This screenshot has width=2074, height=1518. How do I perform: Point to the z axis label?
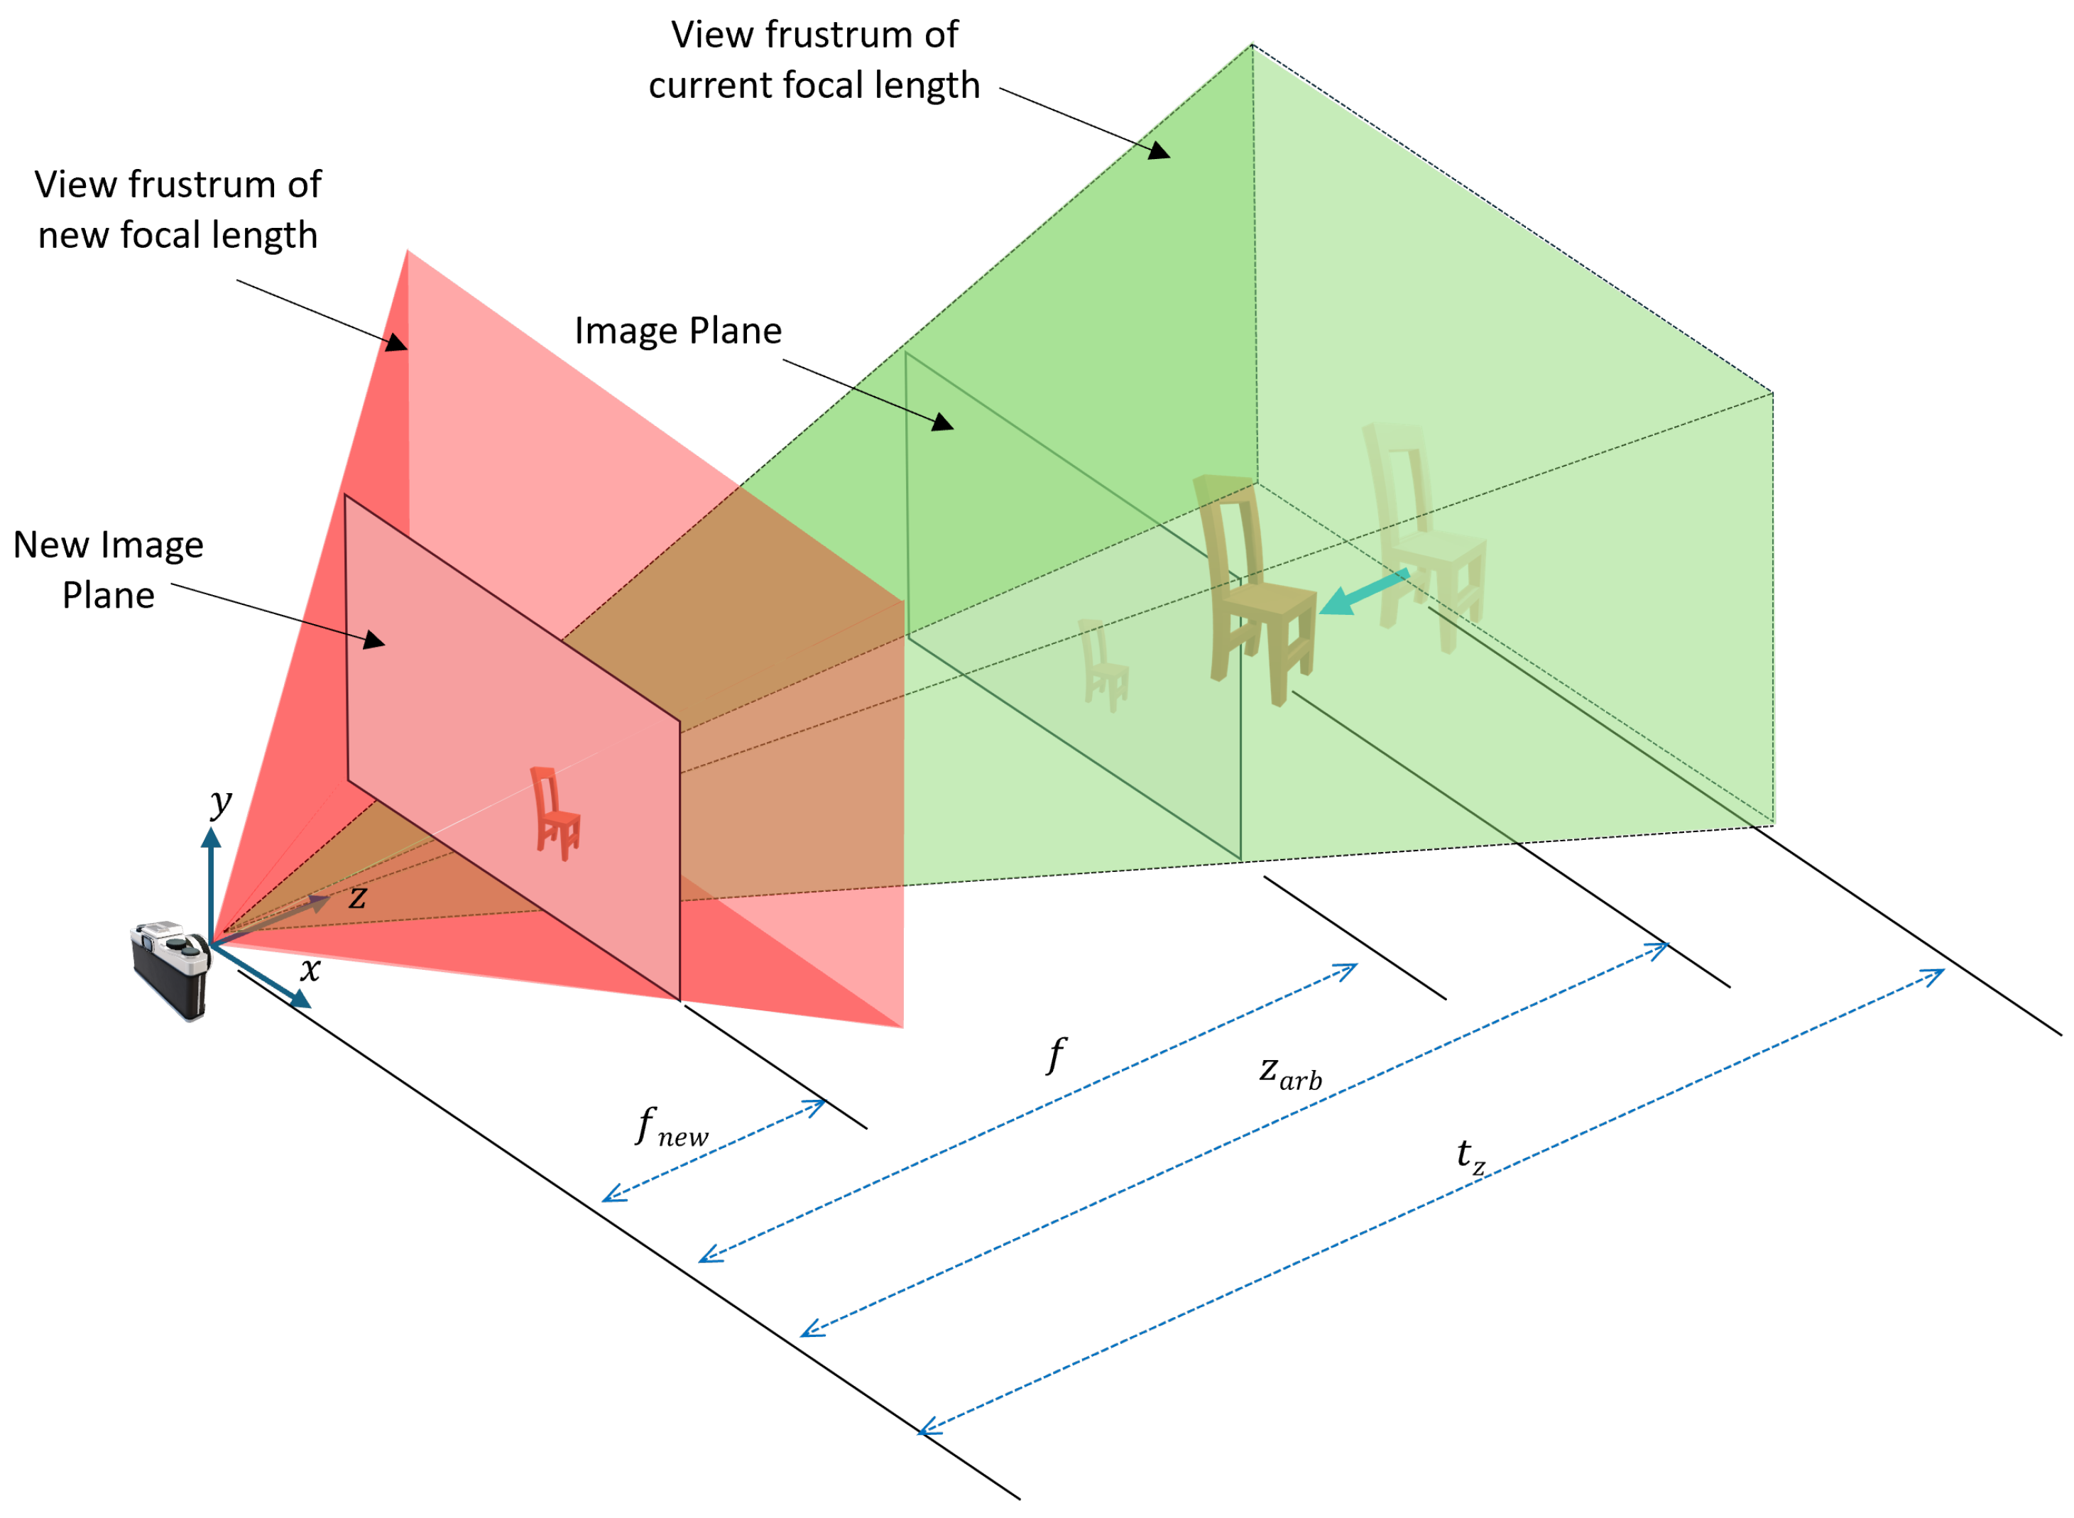(x=357, y=896)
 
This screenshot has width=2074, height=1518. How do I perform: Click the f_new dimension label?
(x=672, y=1127)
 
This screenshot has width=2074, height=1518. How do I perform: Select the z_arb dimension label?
(x=1289, y=1072)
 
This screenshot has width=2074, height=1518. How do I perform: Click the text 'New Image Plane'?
(x=109, y=569)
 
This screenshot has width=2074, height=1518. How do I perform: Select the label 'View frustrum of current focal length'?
(x=814, y=60)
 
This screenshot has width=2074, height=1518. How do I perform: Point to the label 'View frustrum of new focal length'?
(x=178, y=209)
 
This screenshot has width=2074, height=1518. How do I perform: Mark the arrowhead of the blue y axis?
(x=212, y=836)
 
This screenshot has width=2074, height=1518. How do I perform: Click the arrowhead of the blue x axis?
(x=300, y=1000)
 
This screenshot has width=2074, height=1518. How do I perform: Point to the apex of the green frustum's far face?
(x=1252, y=44)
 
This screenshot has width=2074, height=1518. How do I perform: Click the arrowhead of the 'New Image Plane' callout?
(x=375, y=641)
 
